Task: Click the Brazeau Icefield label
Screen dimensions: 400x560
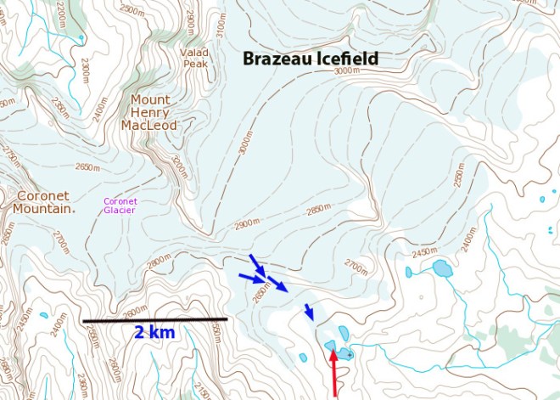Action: pos(310,59)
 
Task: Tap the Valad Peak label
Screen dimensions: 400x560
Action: pos(194,57)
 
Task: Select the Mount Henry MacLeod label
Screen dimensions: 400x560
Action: pos(148,112)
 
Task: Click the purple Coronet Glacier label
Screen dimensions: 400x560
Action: pos(120,206)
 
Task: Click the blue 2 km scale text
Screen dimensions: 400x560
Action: pos(154,332)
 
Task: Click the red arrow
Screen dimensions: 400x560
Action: pos(334,374)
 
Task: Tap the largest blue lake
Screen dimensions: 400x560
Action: pos(442,269)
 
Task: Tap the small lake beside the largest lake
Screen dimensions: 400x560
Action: pos(408,273)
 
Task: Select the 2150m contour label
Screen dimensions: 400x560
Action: pos(200,390)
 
